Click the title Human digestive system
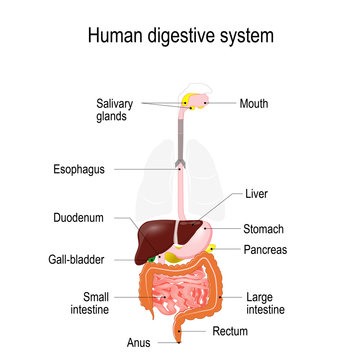(x=180, y=38)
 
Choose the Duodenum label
(x=79, y=218)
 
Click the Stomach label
(x=264, y=229)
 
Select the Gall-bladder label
(x=76, y=259)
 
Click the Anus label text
(x=138, y=343)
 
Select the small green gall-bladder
(x=153, y=259)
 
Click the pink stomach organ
(x=201, y=234)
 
